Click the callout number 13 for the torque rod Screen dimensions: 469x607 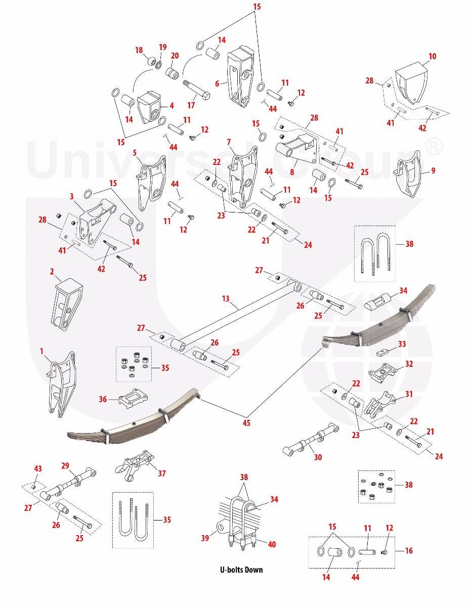tap(226, 298)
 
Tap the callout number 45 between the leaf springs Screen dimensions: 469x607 tap(246, 423)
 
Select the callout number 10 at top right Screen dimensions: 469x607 tap(432, 57)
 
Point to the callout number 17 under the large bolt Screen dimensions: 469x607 tap(191, 105)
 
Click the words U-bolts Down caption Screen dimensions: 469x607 tap(241, 570)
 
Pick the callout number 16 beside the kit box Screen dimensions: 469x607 tap(409, 550)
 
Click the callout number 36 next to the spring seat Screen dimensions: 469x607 tap(103, 399)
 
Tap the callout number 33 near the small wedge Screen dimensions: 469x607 tap(402, 344)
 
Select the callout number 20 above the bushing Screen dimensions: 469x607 tap(175, 56)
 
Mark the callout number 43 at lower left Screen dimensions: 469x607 tap(38, 468)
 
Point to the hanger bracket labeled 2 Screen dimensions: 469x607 tap(67, 303)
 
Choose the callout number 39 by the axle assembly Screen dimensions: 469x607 tap(205, 538)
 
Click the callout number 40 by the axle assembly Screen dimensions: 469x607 tap(272, 544)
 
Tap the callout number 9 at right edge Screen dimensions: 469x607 tap(433, 170)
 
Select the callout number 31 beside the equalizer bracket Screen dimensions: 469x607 tap(409, 394)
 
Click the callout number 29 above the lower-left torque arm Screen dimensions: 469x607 tap(65, 466)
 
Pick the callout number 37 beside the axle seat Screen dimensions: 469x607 tap(162, 473)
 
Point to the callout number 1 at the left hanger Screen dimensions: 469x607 tap(41, 351)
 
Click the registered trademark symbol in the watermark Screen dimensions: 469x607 tap(433, 146)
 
